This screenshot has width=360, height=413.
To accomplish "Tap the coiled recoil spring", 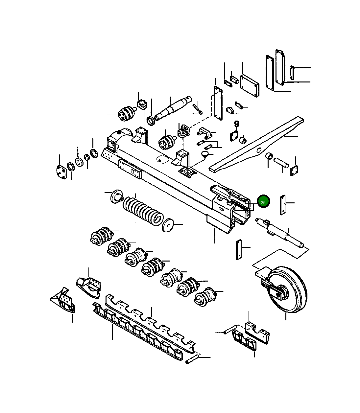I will pyautogui.click(x=143, y=210).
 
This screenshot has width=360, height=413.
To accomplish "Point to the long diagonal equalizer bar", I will pyautogui.click(x=256, y=145).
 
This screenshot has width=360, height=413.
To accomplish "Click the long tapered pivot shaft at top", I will pyautogui.click(x=173, y=107).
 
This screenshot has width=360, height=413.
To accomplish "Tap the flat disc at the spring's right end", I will pyautogui.click(x=169, y=225).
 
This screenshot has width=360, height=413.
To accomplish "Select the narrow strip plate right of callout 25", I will pyautogui.click(x=282, y=205).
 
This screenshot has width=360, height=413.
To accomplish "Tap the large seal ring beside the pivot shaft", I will pyautogui.click(x=151, y=120).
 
